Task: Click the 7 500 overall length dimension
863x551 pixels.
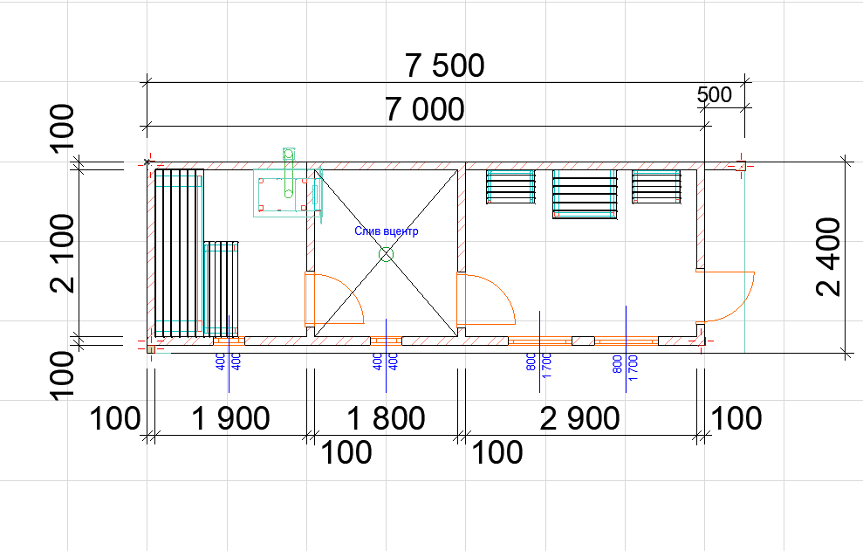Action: pos(445,65)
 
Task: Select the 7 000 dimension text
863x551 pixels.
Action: pos(424,109)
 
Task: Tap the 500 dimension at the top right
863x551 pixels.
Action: pos(715,95)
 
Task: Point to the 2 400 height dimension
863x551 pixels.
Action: pos(829,257)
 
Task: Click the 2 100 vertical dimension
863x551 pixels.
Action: pos(62,253)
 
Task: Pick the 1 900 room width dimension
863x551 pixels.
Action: pos(230,418)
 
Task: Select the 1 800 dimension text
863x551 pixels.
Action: pos(387,418)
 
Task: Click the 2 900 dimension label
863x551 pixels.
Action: pos(579,418)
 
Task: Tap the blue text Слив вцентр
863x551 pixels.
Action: pos(387,231)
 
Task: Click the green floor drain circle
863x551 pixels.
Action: pos(387,255)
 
